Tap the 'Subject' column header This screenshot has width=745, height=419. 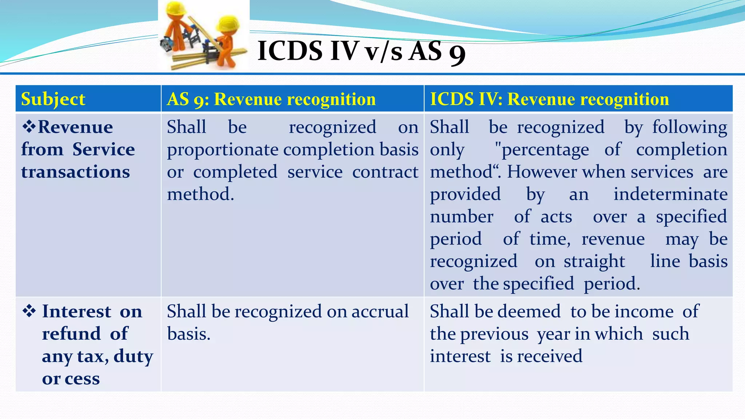click(x=53, y=99)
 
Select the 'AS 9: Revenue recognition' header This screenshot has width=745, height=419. click(x=271, y=99)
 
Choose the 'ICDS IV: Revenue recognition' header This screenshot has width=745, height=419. click(x=549, y=99)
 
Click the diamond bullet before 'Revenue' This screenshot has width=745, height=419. click(x=29, y=127)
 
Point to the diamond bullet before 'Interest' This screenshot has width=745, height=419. click(x=29, y=311)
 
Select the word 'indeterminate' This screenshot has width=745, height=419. click(x=670, y=194)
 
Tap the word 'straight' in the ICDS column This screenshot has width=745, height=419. click(x=594, y=261)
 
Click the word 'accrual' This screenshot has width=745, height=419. click(x=380, y=311)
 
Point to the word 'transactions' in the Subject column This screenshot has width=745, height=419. click(x=75, y=172)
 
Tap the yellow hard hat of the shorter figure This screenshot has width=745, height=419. click(x=228, y=24)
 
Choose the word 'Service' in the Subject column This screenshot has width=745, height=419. click(x=103, y=149)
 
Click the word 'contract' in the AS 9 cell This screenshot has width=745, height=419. click(x=385, y=172)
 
